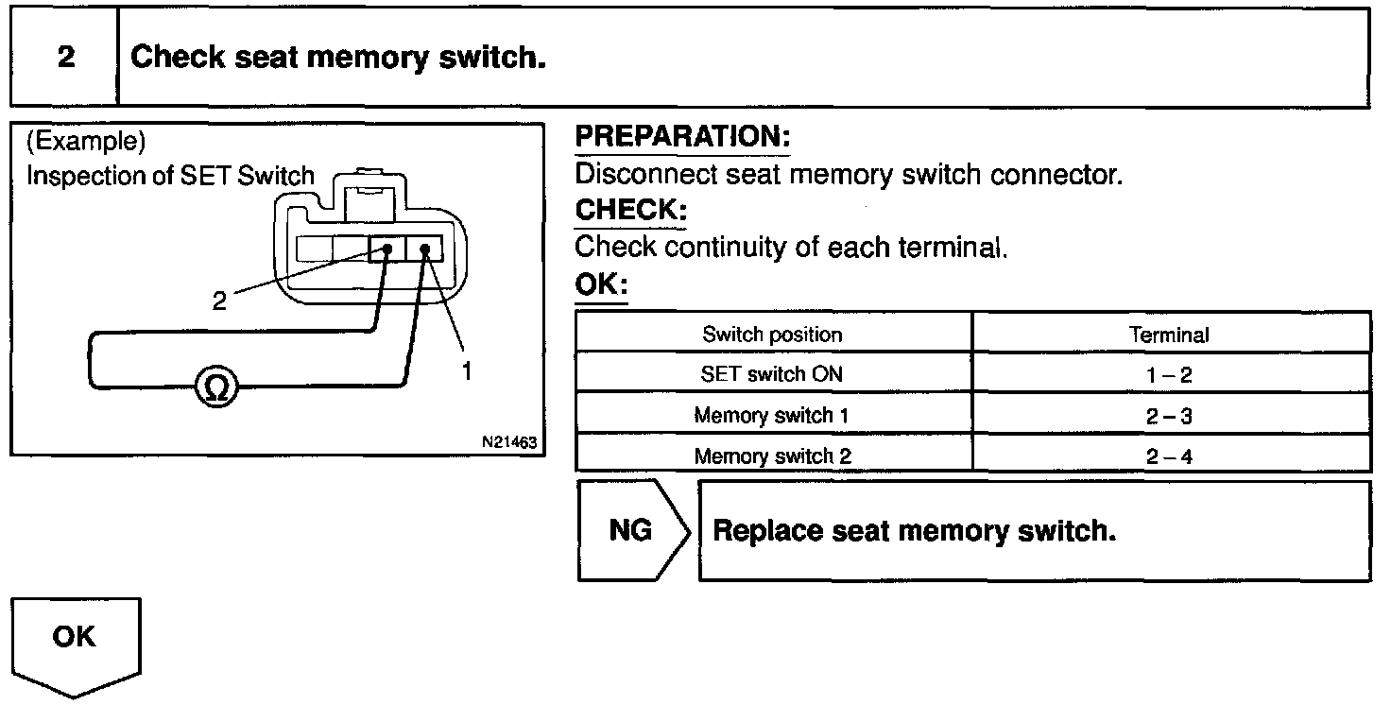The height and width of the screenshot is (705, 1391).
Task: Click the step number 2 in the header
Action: click(65, 58)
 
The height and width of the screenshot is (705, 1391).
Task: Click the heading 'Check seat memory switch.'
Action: click(338, 58)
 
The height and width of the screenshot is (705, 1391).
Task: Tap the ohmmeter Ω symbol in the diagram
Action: click(216, 386)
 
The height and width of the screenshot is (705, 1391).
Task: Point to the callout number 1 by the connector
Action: click(466, 370)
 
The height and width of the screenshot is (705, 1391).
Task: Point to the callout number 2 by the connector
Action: click(220, 301)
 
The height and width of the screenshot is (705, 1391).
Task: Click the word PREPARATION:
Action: click(682, 138)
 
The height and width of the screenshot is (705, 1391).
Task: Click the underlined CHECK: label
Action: click(630, 210)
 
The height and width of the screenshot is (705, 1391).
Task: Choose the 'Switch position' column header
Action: click(772, 335)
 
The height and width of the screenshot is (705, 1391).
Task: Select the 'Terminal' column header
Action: click(1169, 335)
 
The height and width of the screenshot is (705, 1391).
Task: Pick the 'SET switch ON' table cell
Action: click(772, 374)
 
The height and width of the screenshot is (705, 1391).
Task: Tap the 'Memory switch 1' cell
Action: click(772, 415)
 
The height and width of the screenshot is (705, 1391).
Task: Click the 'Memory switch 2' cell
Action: click(772, 456)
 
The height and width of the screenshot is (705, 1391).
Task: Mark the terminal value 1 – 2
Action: click(1169, 375)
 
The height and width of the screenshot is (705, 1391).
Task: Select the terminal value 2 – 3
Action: click(1169, 416)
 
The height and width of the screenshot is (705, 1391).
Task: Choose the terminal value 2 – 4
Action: click(1169, 456)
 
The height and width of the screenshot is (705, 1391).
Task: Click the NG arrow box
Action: click(631, 530)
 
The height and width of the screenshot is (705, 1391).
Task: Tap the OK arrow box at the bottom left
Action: click(75, 643)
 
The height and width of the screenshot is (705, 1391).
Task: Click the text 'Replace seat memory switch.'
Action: click(914, 530)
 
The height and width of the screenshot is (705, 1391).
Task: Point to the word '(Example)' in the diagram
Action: click(86, 143)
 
